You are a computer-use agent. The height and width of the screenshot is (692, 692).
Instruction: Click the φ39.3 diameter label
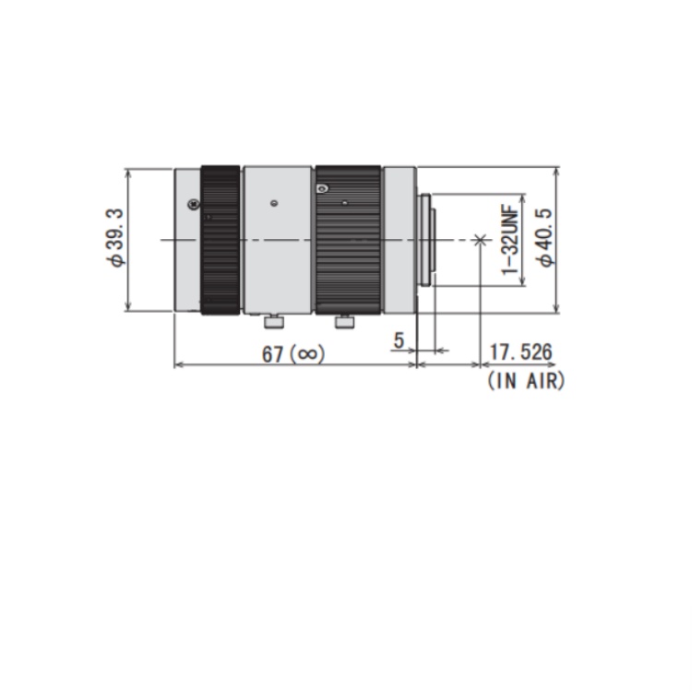pyautogui.click(x=115, y=237)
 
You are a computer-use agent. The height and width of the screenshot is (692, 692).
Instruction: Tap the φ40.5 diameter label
pyautogui.click(x=544, y=238)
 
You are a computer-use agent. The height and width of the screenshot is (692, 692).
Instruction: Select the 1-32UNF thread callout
pyautogui.click(x=509, y=239)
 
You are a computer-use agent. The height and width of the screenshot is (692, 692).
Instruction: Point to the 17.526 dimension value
pyautogui.click(x=520, y=352)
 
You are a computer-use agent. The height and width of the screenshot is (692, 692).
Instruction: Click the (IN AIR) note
pyautogui.click(x=526, y=380)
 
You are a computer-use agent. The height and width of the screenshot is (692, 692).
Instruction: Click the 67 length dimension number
pyautogui.click(x=272, y=354)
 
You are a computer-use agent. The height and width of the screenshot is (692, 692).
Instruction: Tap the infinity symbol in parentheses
pyautogui.click(x=308, y=354)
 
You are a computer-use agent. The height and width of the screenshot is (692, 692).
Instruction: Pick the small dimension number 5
pyautogui.click(x=399, y=340)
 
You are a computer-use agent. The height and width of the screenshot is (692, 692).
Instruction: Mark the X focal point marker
pyautogui.click(x=480, y=240)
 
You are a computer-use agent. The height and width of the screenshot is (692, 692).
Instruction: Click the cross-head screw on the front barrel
pyautogui.click(x=194, y=204)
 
